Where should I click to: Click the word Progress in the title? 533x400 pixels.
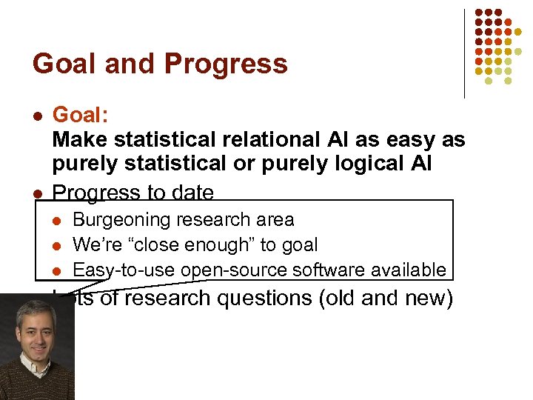tap(226, 64)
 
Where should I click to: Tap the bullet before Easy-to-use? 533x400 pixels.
tap(58, 270)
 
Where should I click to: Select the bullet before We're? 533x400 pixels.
tap(58, 245)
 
